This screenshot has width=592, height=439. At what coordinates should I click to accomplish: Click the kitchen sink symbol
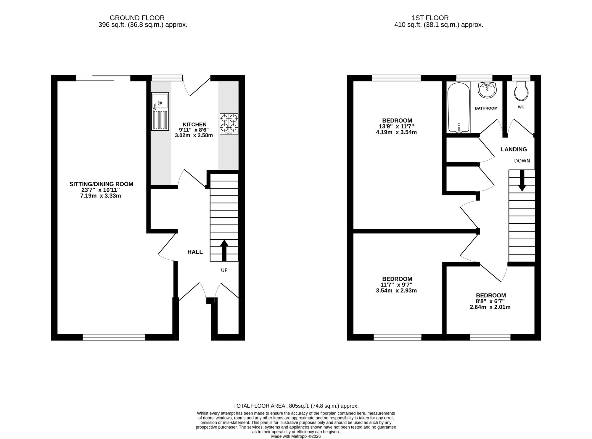pyautogui.click(x=160, y=111)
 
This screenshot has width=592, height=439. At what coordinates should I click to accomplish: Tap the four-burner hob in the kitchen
pyautogui.click(x=229, y=124)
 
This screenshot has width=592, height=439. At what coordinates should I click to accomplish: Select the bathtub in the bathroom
pyautogui.click(x=459, y=107)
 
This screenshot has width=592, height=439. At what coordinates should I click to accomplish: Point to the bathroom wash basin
pyautogui.click(x=487, y=90)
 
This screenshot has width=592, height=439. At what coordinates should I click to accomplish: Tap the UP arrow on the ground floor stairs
pyautogui.click(x=224, y=250)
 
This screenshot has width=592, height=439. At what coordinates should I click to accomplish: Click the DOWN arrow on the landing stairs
pyautogui.click(x=522, y=180)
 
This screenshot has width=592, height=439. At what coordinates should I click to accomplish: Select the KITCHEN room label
pyautogui.click(x=194, y=124)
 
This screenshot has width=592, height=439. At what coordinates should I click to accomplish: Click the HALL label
pyautogui.click(x=195, y=252)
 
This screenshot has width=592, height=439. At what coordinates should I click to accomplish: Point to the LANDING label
pyautogui.click(x=514, y=150)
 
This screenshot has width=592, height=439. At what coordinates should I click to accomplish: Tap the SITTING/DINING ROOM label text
pyautogui.click(x=101, y=184)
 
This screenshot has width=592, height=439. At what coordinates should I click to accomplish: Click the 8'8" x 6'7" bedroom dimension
pyautogui.click(x=490, y=301)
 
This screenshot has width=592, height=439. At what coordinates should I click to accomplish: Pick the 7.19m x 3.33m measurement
pyautogui.click(x=101, y=196)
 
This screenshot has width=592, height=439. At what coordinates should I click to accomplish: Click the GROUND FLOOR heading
pyautogui.click(x=137, y=18)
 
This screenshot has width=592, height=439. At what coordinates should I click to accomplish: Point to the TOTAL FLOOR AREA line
pyautogui.click(x=296, y=406)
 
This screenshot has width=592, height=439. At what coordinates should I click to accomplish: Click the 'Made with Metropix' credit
pyautogui.click(x=296, y=436)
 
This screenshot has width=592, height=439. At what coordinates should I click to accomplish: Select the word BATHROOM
pyautogui.click(x=486, y=108)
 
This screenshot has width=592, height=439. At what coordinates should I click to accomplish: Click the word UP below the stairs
pyautogui.click(x=224, y=270)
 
